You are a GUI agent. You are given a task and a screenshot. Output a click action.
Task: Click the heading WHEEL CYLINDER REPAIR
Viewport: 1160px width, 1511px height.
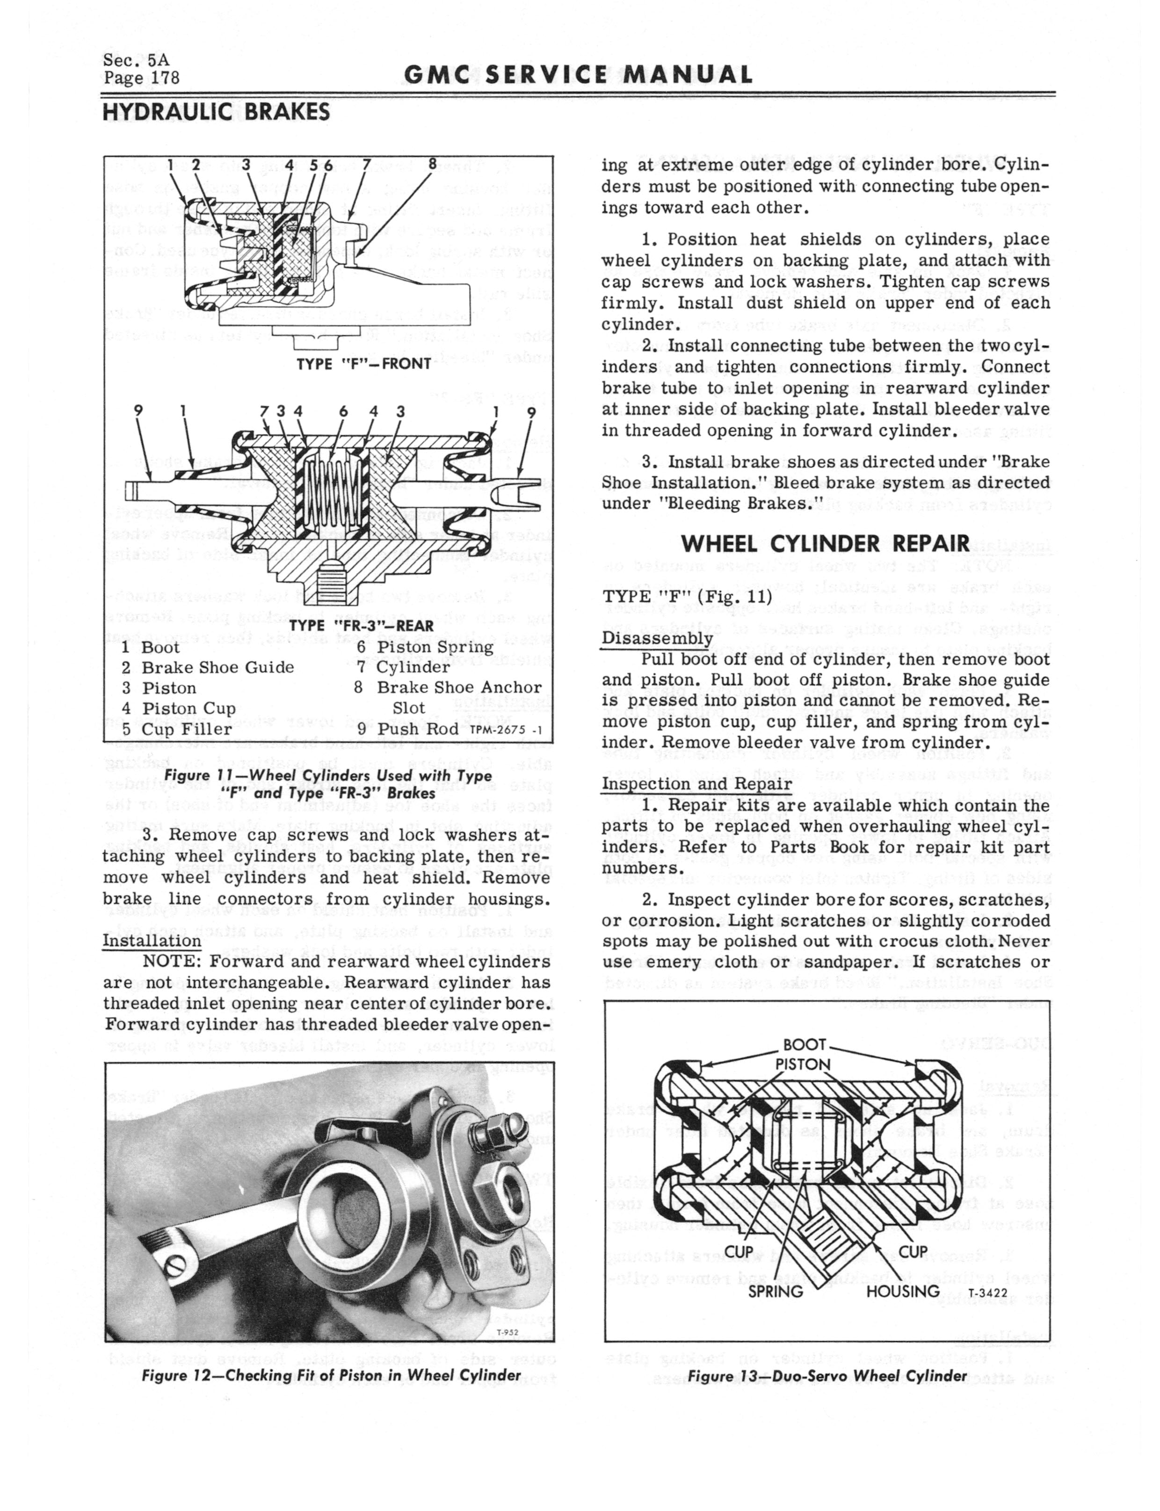coord(826,543)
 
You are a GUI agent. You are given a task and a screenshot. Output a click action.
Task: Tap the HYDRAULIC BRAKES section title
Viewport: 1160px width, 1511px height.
coord(216,112)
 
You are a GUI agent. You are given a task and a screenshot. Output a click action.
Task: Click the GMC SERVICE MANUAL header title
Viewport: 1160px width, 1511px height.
coord(578,74)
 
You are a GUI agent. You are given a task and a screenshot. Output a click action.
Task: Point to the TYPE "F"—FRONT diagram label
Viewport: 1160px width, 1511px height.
coord(363,363)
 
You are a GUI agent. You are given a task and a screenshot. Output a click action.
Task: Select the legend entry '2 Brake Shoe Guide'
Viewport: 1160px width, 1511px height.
coord(208,667)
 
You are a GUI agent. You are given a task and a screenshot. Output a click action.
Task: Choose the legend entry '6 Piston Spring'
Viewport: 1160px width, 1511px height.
coord(425,647)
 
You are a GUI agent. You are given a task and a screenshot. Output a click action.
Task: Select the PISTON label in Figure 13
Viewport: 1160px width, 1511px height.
coord(803,1064)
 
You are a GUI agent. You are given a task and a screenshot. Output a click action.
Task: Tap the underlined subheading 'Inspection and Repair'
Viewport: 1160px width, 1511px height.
coord(696,784)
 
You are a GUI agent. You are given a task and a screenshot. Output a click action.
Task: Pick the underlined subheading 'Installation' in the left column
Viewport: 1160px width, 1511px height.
coord(152,941)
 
